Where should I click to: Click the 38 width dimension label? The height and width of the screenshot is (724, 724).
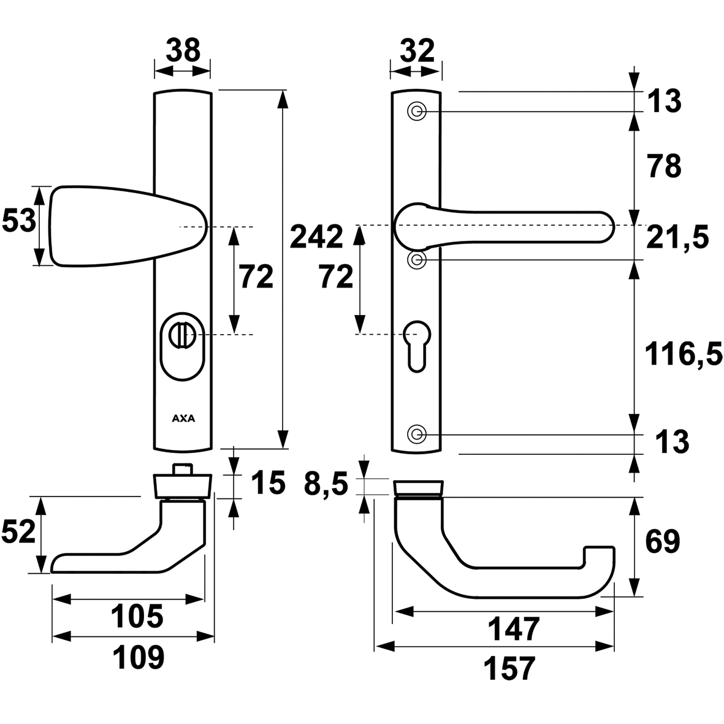(183, 50)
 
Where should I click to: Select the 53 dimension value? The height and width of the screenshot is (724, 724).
(18, 221)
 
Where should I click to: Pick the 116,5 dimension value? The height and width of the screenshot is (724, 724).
(683, 354)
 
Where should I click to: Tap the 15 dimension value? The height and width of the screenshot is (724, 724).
(268, 484)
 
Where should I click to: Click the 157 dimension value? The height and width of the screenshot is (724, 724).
(509, 668)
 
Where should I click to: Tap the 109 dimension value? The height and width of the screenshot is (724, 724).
(138, 658)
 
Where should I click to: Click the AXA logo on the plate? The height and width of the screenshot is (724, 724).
(183, 419)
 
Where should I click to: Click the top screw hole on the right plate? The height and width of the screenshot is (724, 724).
(417, 112)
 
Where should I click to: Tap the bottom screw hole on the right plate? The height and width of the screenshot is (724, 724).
(417, 435)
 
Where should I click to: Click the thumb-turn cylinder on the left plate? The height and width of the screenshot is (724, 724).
(181, 335)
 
